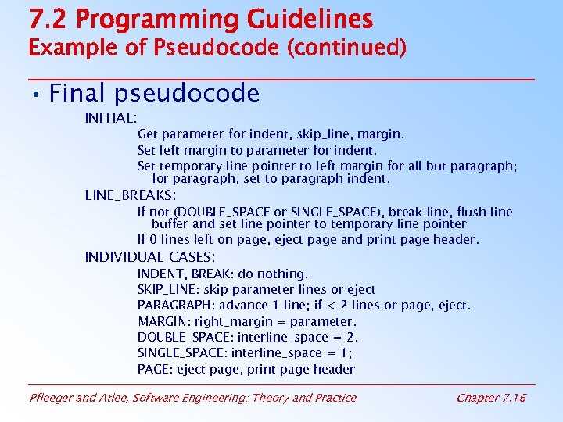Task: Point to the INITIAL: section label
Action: coord(111,118)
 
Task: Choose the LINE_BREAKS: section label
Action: coord(130,195)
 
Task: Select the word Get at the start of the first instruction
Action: coord(148,134)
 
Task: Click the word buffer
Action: coord(170,224)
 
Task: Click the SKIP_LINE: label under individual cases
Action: coord(167,290)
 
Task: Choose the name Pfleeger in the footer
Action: coord(52,398)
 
